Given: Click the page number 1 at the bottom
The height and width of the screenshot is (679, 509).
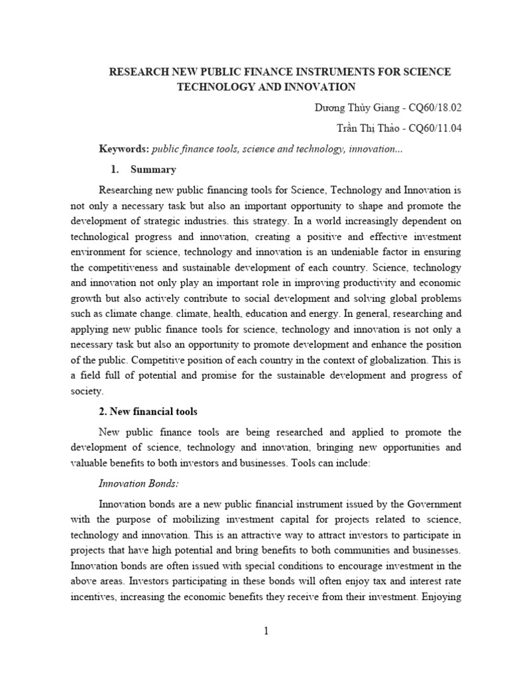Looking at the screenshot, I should [x=266, y=631].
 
